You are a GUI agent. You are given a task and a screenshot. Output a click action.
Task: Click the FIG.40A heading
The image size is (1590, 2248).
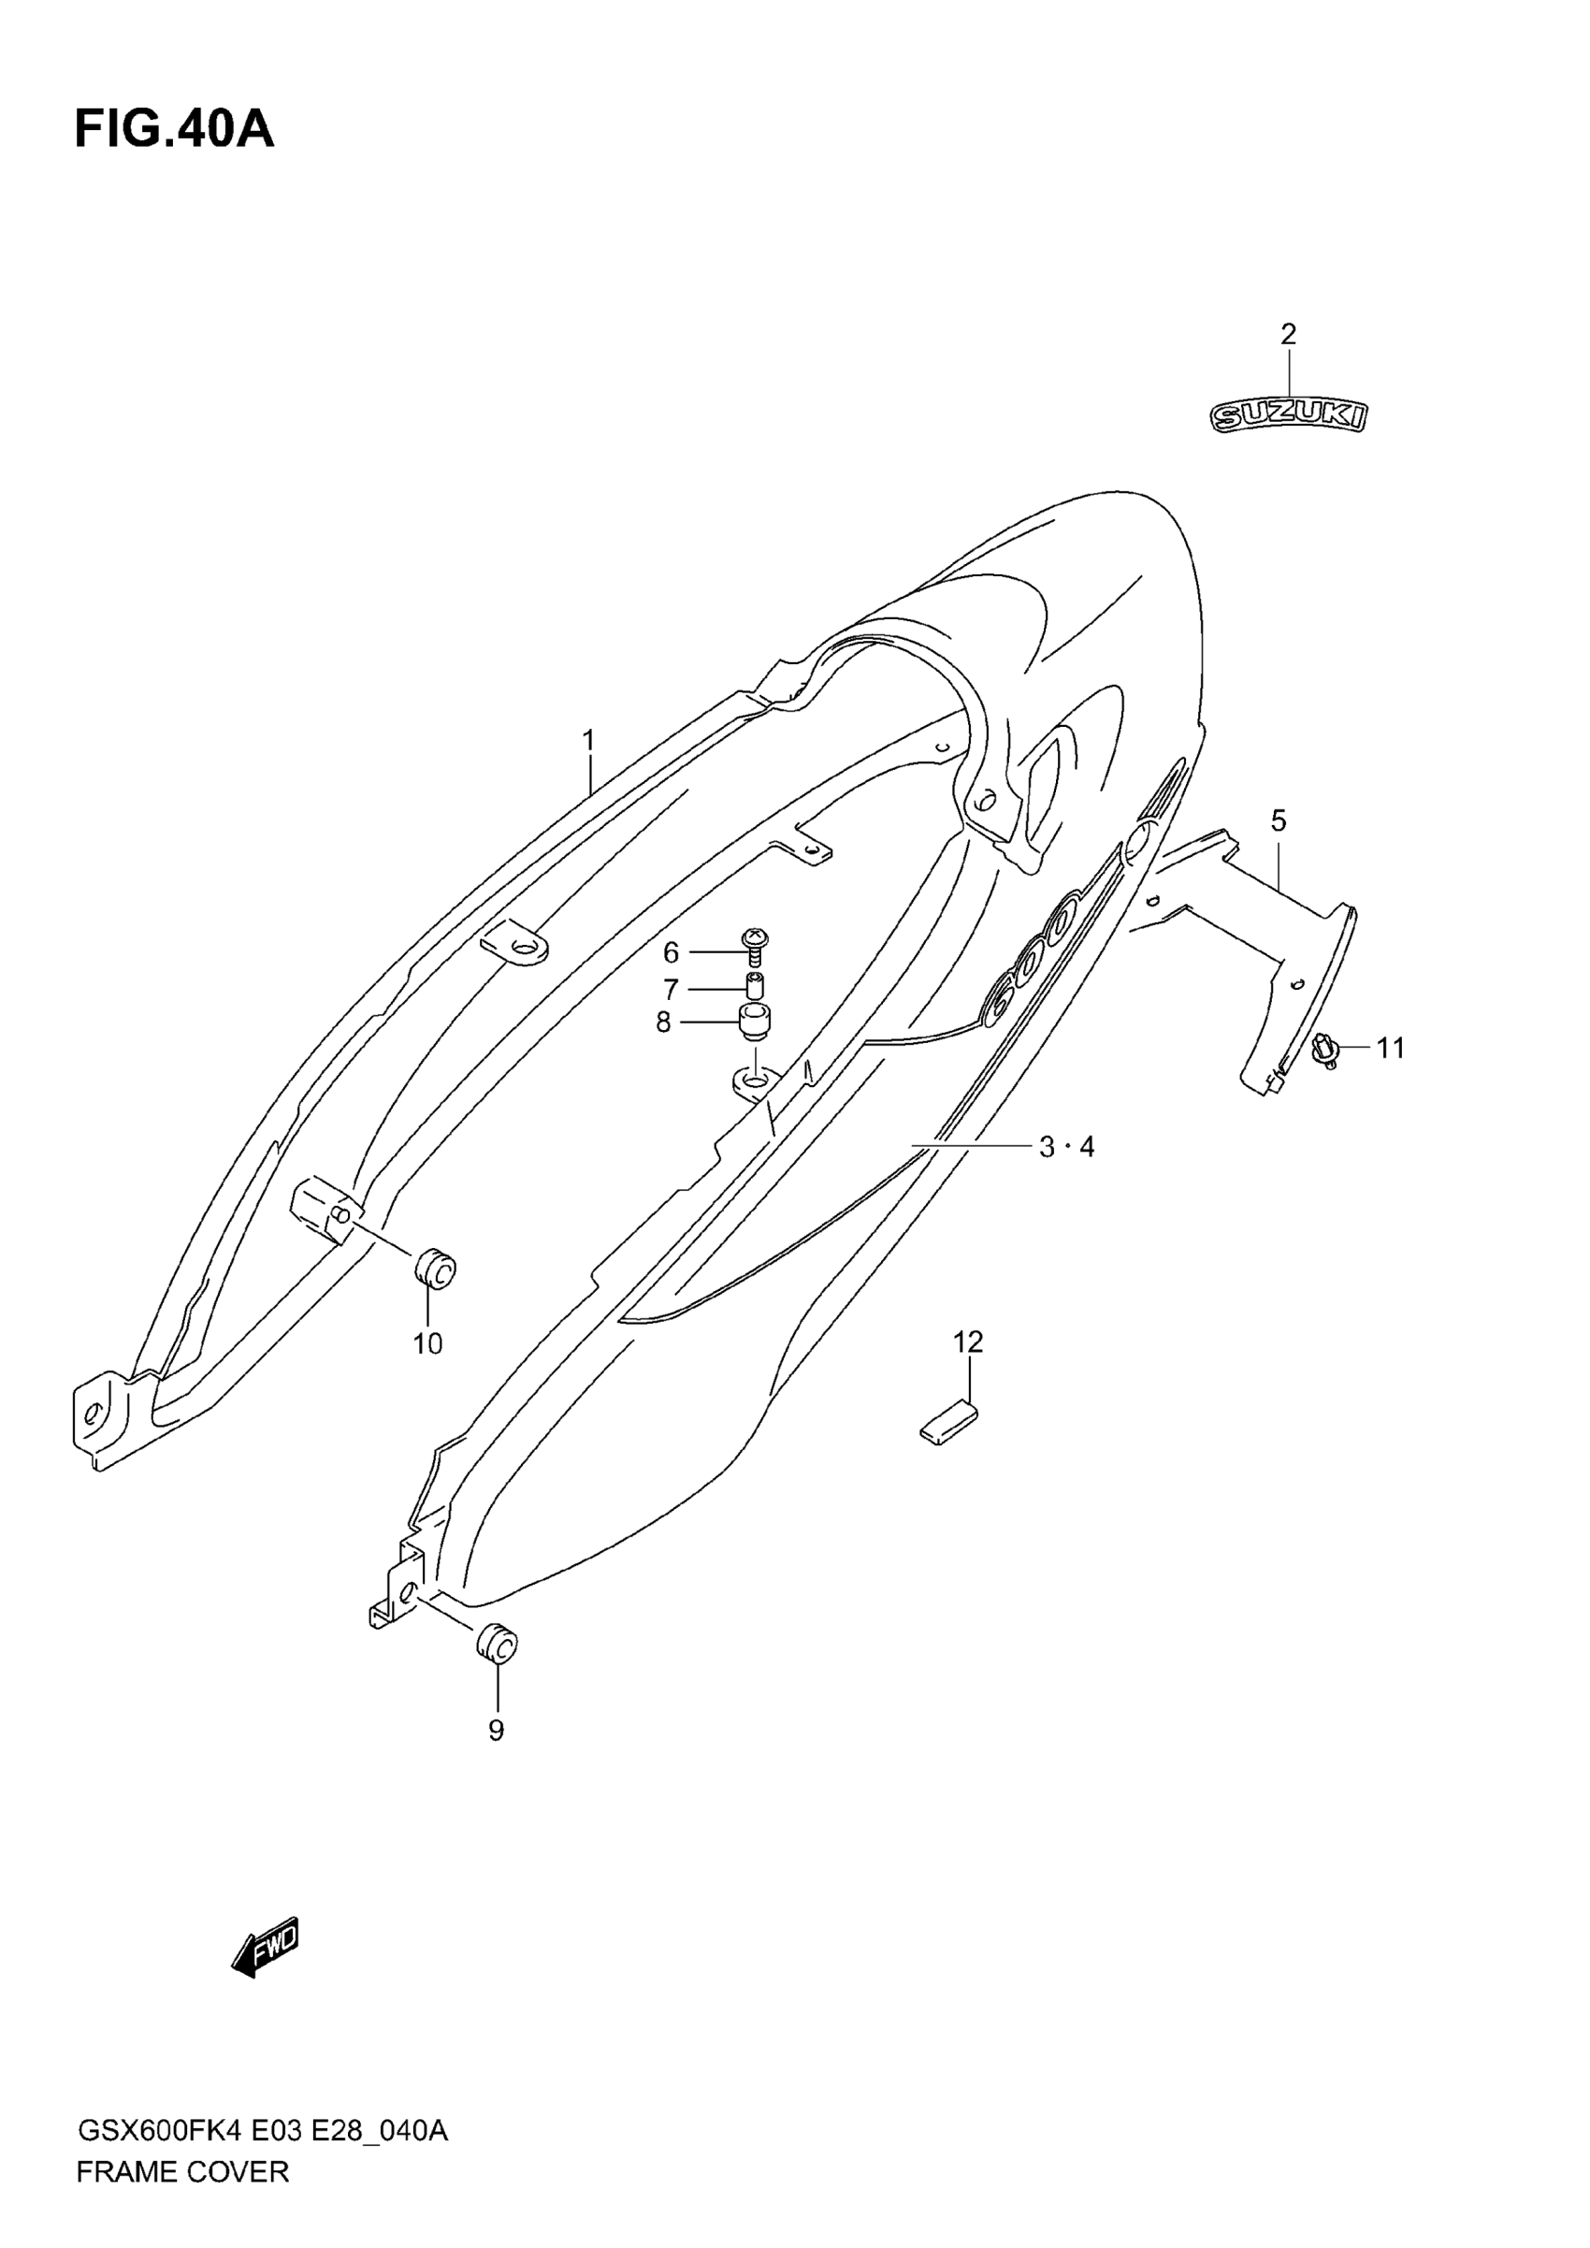pyautogui.click(x=174, y=129)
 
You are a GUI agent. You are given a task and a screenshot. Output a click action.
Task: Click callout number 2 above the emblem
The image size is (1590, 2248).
pyautogui.click(x=1289, y=335)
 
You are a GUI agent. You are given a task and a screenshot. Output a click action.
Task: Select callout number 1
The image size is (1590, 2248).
pyautogui.click(x=588, y=741)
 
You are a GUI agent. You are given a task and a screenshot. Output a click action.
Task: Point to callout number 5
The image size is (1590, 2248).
pyautogui.click(x=1279, y=820)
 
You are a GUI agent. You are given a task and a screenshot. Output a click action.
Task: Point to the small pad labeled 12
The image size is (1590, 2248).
pyautogui.click(x=948, y=1421)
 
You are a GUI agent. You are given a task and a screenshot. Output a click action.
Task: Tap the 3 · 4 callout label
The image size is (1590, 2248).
pyautogui.click(x=1066, y=1147)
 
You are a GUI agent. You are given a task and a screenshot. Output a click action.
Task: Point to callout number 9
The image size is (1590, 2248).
pyautogui.click(x=497, y=1730)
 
